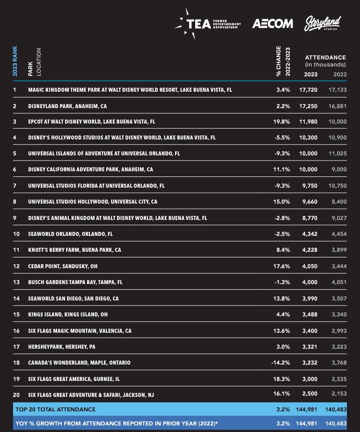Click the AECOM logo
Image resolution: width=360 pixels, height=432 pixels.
click(x=272, y=23)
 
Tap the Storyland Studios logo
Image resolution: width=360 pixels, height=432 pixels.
click(x=323, y=23)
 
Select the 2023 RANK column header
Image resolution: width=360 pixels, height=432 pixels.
click(x=15, y=61)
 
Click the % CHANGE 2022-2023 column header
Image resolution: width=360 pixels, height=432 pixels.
click(x=283, y=61)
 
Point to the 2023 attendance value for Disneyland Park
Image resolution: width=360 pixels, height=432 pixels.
click(x=308, y=106)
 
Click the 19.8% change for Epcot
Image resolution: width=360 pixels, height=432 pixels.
click(x=282, y=122)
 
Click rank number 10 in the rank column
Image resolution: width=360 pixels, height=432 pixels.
click(x=15, y=234)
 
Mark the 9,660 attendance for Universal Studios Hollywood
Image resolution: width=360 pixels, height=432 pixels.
click(x=309, y=202)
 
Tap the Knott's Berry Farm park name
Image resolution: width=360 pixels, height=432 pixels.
click(x=74, y=250)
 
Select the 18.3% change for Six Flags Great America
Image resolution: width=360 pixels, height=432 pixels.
click(x=282, y=379)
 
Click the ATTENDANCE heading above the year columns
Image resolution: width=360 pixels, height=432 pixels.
click(x=325, y=57)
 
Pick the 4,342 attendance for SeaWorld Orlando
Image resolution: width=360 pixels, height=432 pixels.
click(x=309, y=234)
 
